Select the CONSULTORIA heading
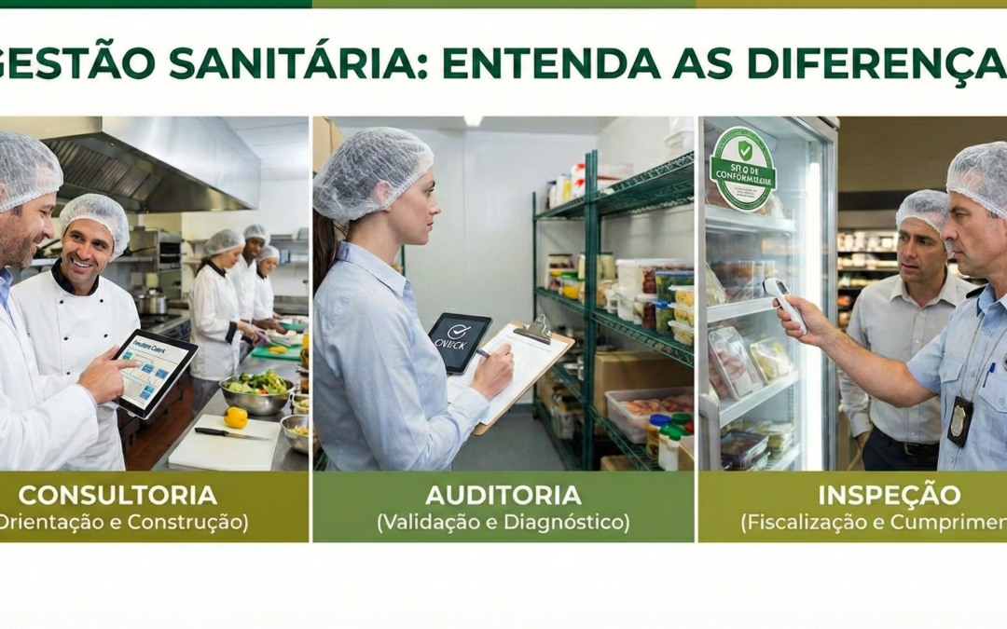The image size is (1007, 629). click(x=117, y=495)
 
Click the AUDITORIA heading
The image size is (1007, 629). click(x=504, y=495)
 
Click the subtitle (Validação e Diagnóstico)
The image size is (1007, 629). click(x=504, y=523)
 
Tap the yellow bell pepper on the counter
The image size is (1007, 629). click(x=236, y=417)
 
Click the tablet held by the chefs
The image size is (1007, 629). click(x=154, y=372)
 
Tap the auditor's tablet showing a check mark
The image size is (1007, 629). click(x=459, y=341)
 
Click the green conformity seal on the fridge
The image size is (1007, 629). click(x=742, y=168)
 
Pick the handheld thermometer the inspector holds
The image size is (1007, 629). click(x=785, y=304)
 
